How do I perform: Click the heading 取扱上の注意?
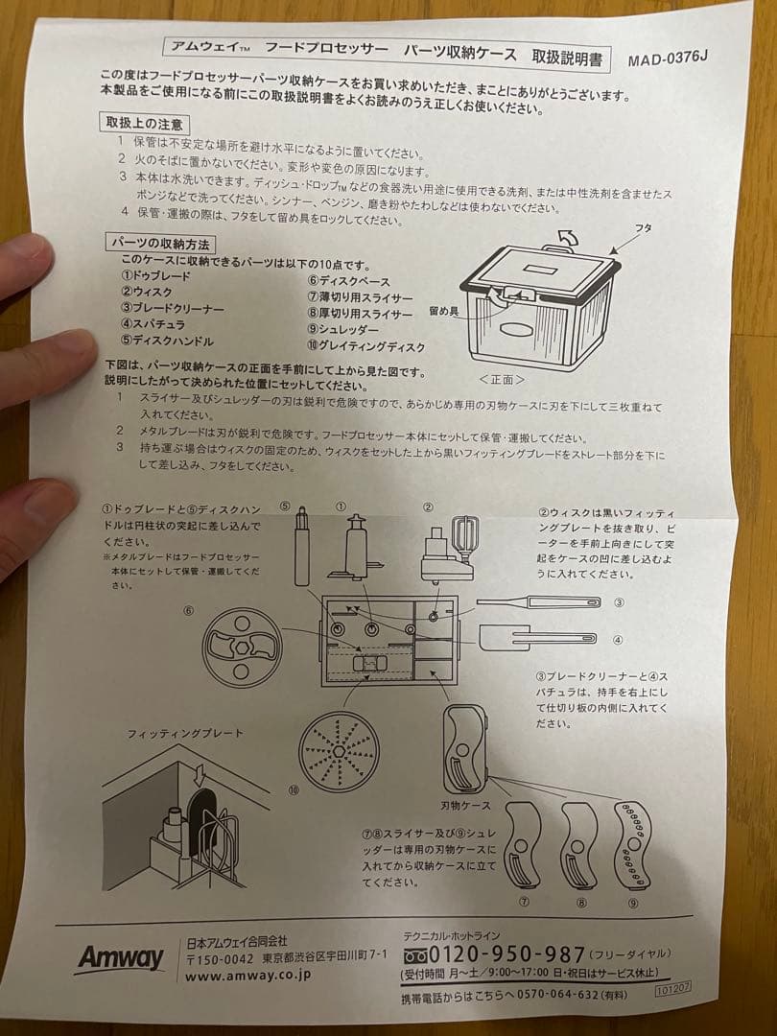point(146,124)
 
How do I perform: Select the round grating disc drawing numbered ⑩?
point(340,751)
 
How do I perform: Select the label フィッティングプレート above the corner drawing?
point(185,733)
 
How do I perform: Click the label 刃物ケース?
point(466,805)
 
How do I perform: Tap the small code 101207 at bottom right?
point(673,985)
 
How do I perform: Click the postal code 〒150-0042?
point(220,957)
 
